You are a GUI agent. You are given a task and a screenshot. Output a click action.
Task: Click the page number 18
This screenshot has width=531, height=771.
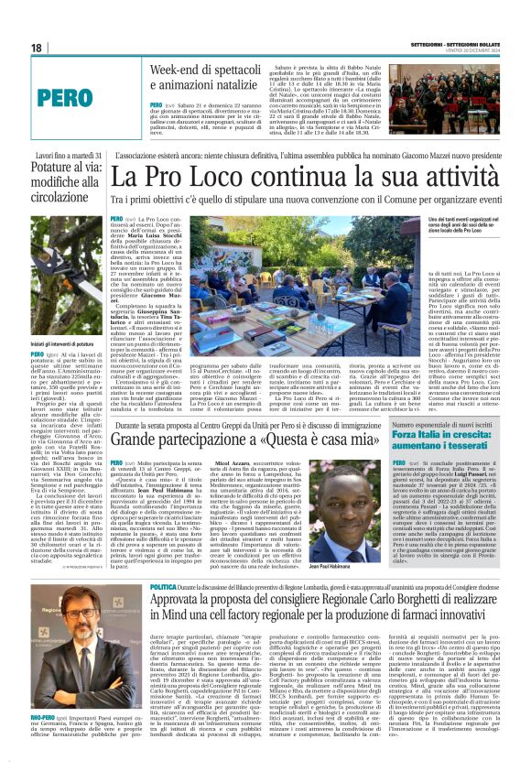(x=38, y=47)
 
